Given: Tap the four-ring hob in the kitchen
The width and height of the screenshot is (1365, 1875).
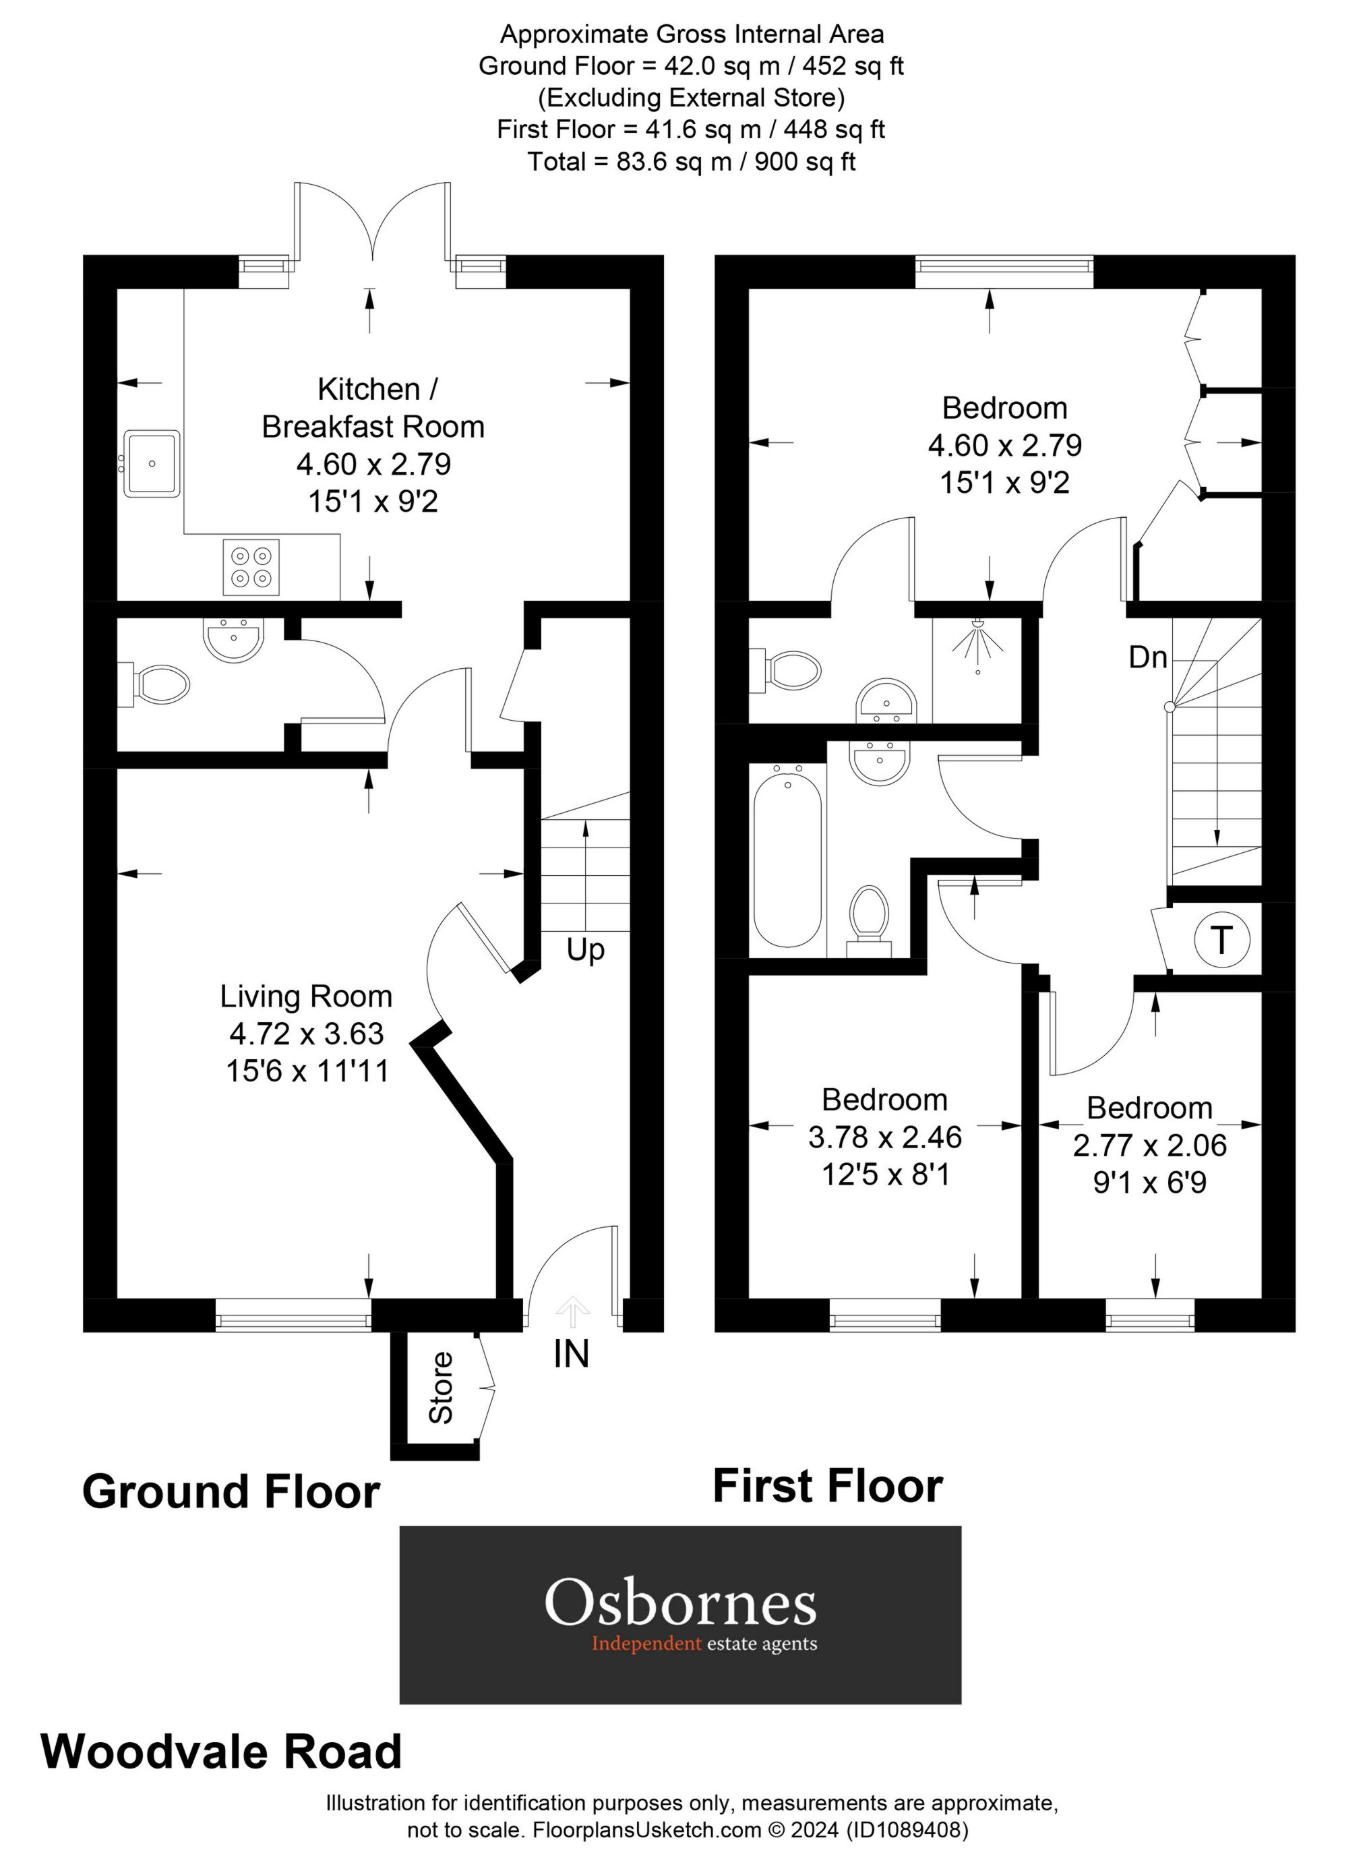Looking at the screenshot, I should click(251, 566).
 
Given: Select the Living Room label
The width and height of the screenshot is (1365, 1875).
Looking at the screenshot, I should click(306, 996).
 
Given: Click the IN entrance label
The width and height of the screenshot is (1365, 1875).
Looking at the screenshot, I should click(572, 1353).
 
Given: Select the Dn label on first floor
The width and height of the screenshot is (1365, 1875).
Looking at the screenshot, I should click(1149, 657).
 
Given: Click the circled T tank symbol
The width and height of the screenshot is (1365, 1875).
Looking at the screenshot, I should click(1221, 940).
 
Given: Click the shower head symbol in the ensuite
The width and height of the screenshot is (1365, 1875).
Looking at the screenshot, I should click(977, 641).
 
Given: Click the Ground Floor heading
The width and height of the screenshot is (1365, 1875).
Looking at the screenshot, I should click(231, 1492).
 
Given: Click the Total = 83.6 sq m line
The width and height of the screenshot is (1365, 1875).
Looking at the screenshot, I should click(691, 161).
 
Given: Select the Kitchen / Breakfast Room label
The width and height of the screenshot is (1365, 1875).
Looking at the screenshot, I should click(373, 408).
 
